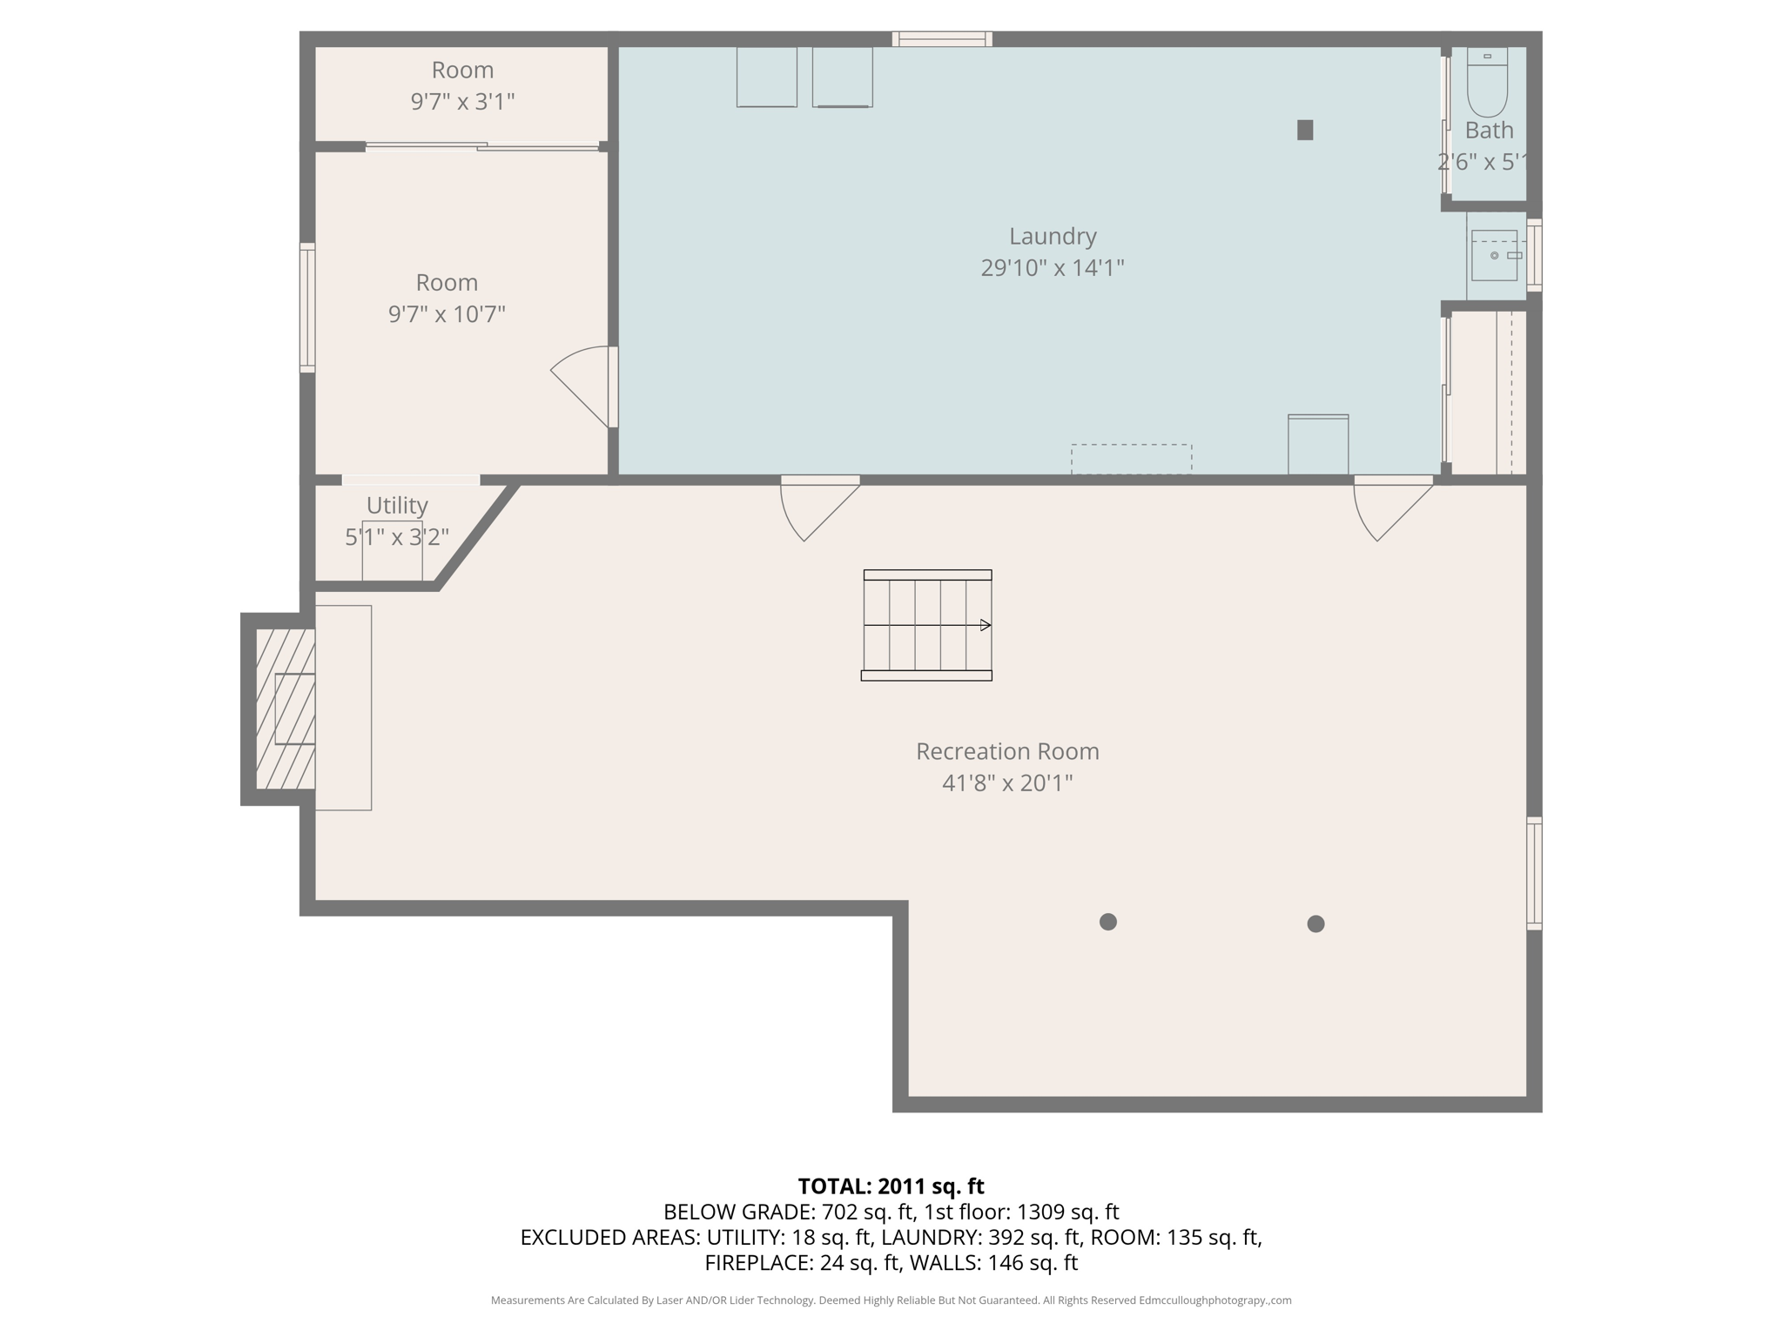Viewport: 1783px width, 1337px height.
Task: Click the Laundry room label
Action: coord(1052,236)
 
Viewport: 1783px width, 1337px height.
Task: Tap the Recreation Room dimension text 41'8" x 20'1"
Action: coord(1006,783)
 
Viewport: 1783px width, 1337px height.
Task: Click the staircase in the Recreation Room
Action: coord(926,625)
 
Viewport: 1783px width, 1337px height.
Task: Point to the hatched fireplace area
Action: coord(285,709)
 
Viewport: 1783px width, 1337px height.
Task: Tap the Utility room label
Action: coord(397,505)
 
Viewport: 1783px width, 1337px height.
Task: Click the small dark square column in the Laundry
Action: coord(1304,130)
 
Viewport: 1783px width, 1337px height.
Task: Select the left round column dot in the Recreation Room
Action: coord(1107,922)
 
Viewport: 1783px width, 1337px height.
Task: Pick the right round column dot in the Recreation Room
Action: coord(1315,924)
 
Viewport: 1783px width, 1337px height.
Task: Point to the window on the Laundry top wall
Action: coord(942,38)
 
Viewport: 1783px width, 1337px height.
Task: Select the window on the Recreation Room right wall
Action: coord(1534,873)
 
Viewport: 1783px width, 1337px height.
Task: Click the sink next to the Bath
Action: coord(1494,255)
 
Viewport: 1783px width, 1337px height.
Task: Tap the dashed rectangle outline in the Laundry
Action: coord(1131,459)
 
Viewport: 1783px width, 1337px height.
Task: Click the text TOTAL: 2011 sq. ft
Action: coord(891,1186)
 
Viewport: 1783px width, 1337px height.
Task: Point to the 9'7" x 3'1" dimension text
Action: coord(462,102)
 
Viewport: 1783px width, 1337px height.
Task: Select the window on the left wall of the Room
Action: coord(307,308)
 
